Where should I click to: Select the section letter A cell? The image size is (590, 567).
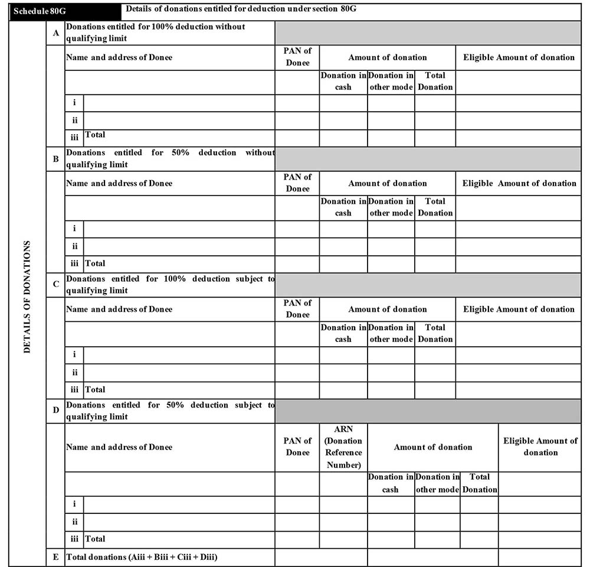(x=56, y=33)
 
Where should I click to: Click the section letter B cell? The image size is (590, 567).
(x=56, y=159)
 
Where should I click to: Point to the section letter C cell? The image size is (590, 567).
(x=56, y=285)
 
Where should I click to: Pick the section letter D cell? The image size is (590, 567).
(x=56, y=410)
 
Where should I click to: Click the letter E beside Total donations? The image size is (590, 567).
(x=56, y=557)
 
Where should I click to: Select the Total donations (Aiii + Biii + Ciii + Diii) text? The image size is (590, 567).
(x=142, y=557)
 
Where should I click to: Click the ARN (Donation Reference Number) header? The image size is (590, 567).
(x=343, y=447)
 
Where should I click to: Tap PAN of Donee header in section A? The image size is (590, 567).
(x=297, y=57)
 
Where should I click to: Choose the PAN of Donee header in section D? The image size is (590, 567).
(x=297, y=447)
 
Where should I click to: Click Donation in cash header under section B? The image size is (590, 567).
(x=343, y=207)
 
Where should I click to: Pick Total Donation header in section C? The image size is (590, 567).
(x=435, y=333)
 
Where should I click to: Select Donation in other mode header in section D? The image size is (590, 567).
(x=437, y=483)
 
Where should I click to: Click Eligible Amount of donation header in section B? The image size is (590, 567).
(x=519, y=183)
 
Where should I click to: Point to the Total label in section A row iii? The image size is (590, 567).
(x=96, y=135)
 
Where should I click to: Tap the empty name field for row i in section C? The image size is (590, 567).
(x=179, y=355)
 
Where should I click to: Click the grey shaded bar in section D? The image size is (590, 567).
(x=428, y=410)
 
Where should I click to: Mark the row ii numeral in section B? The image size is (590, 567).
(x=74, y=246)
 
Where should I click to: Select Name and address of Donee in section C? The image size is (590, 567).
(x=119, y=309)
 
